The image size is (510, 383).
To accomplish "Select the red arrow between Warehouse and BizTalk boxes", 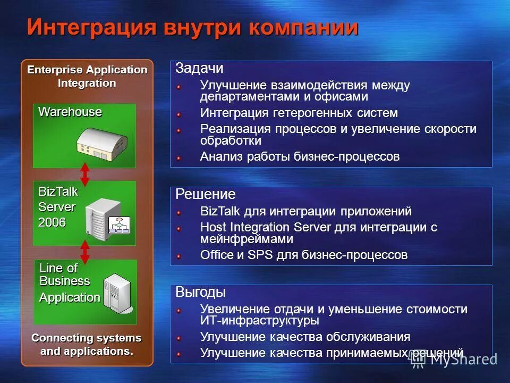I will click(84, 174).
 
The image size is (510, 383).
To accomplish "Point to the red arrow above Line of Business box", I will click(84, 252).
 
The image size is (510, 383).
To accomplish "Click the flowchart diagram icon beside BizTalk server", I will click(120, 225).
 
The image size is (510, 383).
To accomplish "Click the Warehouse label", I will click(70, 112).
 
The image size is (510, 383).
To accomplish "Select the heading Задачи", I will click(199, 69).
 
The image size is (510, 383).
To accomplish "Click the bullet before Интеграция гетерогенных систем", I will click(180, 114).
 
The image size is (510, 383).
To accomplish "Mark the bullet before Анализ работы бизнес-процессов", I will click(180, 157).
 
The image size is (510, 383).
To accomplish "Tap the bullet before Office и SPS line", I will click(180, 256).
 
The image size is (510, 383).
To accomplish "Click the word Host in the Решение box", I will click(211, 227).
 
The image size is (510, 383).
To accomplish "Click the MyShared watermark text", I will click(463, 359).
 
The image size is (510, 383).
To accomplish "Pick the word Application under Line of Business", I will click(70, 297).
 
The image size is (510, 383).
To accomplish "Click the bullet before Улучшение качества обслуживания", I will click(180, 337).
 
